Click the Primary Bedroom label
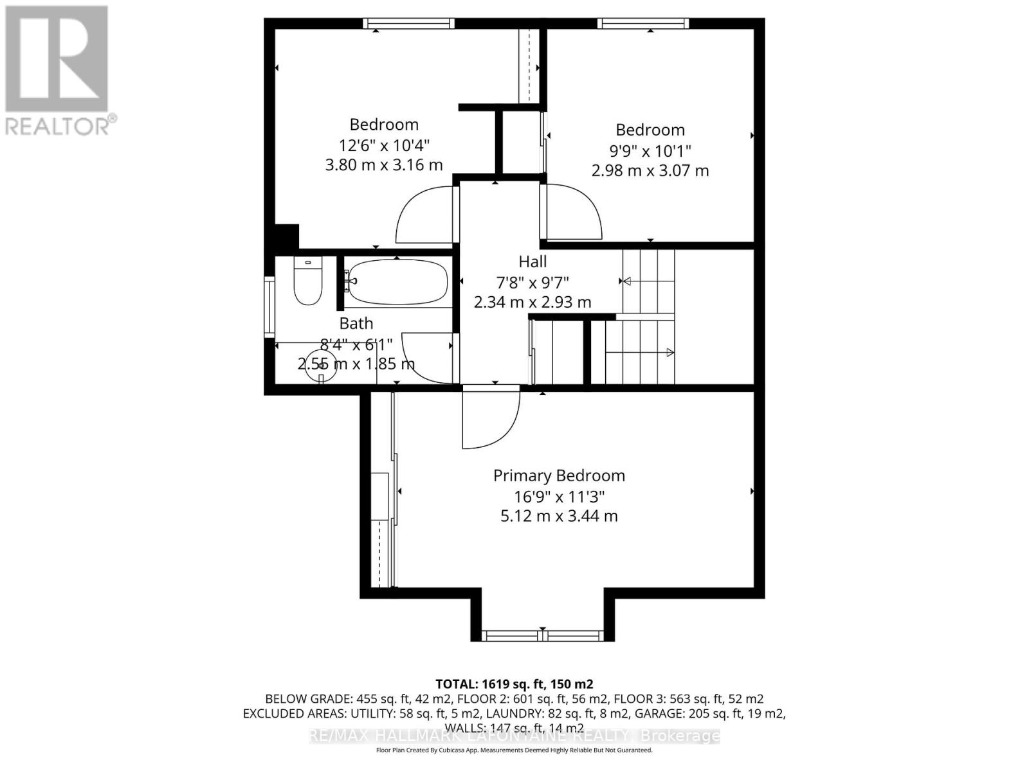(x=558, y=476)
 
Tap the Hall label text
(x=533, y=262)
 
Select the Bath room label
(x=356, y=324)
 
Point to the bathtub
(x=396, y=283)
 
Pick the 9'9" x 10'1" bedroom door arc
(x=572, y=212)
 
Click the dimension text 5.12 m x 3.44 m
(x=558, y=516)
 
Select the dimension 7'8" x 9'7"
(x=533, y=282)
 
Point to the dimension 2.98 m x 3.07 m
(x=650, y=171)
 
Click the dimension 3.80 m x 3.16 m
(x=383, y=165)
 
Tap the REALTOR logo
(x=58, y=71)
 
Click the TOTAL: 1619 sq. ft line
(x=514, y=684)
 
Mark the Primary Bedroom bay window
(x=542, y=635)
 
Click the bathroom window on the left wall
(x=269, y=306)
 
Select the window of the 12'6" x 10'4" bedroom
(x=408, y=24)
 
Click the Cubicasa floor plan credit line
(x=514, y=750)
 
